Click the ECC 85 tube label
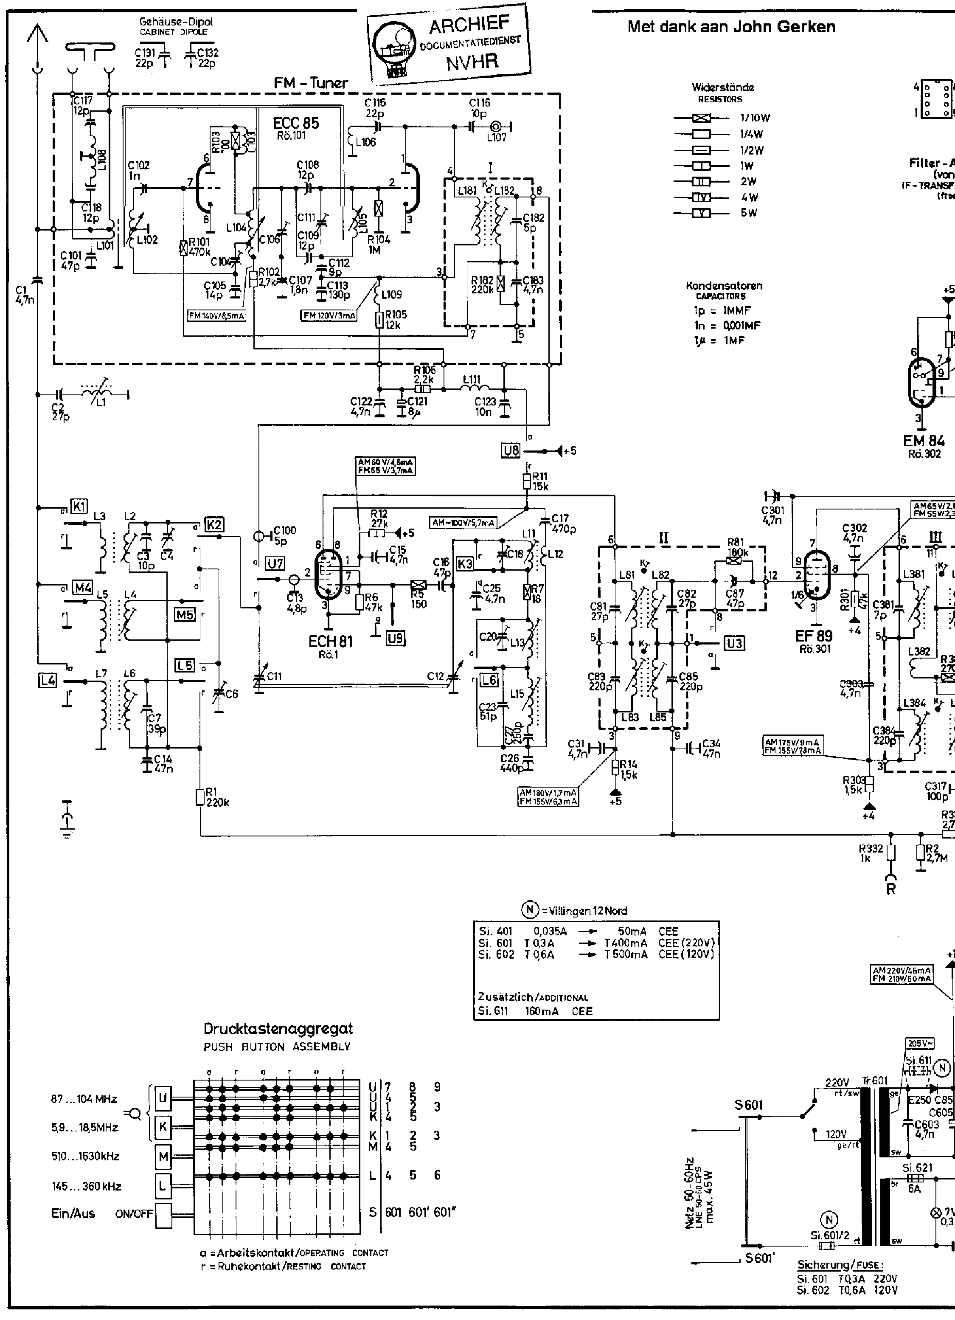point(296,124)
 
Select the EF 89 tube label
point(814,636)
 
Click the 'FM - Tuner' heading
point(311,83)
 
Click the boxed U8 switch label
point(510,450)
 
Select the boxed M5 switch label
point(185,614)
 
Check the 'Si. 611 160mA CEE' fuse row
point(535,1011)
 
